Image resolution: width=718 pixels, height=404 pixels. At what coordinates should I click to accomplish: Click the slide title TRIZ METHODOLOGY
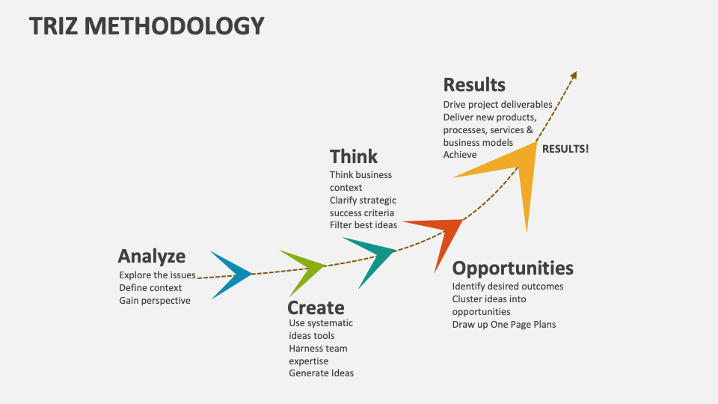[x=147, y=26]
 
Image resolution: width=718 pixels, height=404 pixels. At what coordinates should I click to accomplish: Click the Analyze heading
[x=151, y=257]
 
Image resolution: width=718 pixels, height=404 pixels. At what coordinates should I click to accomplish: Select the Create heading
[x=316, y=308]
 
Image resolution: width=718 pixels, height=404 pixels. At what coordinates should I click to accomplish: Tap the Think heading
[x=354, y=156]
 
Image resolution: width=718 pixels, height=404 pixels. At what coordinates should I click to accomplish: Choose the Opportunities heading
[x=513, y=268]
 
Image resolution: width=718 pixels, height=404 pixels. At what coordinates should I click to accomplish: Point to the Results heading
[x=474, y=85]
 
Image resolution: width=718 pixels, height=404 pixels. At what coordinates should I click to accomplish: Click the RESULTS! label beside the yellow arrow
[x=565, y=148]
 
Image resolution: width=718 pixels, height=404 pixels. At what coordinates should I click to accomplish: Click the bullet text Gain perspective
[x=155, y=301]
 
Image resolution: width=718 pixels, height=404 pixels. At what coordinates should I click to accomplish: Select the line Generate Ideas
[x=322, y=373]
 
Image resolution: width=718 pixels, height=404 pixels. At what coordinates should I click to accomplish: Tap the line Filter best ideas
[x=363, y=225]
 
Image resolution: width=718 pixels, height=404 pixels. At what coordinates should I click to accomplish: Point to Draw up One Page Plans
[x=504, y=325]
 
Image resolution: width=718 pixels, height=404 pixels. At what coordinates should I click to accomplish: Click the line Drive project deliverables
[x=497, y=105]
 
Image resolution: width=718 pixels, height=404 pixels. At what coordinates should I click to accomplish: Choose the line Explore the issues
[x=157, y=275]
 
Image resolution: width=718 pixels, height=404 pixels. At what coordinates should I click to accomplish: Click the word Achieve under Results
[x=460, y=155]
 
